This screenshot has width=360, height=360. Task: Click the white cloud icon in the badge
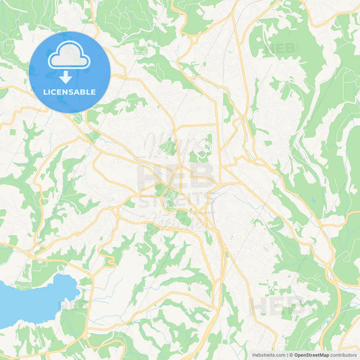pos(69,57)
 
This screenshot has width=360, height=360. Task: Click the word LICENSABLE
pos(69,92)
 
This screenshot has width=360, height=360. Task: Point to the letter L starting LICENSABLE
pos(45,92)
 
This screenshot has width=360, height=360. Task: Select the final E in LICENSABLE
pos(93,92)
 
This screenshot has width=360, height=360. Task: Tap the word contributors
pos(343,354)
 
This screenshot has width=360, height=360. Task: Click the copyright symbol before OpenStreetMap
pos(291,354)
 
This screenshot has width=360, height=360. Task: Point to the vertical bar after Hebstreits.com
pos(286,354)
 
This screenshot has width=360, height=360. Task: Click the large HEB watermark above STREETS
pos(176,177)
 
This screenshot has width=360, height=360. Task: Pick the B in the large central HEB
pos(202,177)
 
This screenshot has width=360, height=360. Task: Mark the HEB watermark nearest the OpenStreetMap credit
pos(277,305)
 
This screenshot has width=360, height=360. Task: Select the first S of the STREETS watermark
pos(145,201)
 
